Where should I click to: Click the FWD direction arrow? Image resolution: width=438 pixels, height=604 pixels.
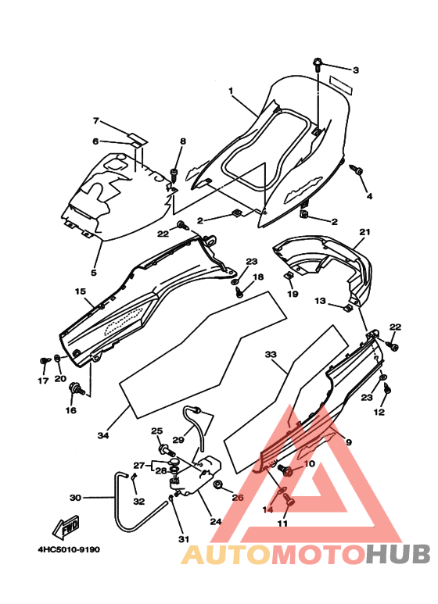(x=66, y=527)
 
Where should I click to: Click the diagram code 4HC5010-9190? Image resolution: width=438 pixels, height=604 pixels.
(x=69, y=549)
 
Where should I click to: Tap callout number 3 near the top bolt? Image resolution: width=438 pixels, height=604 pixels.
(x=356, y=70)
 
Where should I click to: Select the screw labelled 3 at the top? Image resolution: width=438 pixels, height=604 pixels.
(x=318, y=64)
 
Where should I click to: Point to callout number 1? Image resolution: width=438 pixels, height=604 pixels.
(x=231, y=91)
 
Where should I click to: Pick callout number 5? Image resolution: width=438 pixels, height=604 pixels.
(x=94, y=273)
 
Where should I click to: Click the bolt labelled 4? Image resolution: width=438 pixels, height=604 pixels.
(x=357, y=170)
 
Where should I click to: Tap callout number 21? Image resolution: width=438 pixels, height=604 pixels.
(x=364, y=232)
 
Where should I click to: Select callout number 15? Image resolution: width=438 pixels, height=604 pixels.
(x=81, y=291)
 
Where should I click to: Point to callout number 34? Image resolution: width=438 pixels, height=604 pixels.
(x=103, y=436)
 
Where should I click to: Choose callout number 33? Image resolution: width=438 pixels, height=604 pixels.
(x=271, y=354)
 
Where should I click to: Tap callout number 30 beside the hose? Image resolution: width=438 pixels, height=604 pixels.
(x=75, y=498)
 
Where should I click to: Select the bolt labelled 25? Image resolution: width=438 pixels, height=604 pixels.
(x=166, y=449)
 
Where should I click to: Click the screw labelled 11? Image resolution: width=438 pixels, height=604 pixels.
(x=289, y=501)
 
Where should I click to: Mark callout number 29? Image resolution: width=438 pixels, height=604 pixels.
(x=178, y=439)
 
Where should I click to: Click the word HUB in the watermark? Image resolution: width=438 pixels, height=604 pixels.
(x=398, y=554)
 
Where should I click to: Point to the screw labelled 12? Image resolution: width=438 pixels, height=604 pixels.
(x=387, y=389)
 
